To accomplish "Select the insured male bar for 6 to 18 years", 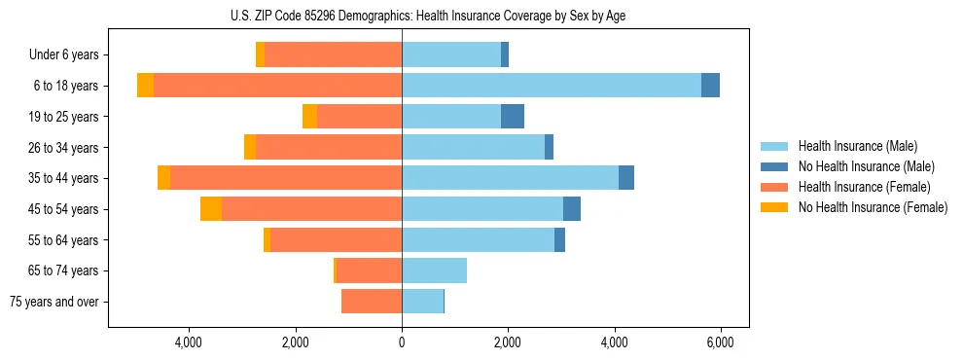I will point(551,86).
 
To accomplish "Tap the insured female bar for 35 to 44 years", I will point(286,178).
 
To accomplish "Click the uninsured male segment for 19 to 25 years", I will point(513,117).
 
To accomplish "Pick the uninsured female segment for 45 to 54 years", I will point(211,209).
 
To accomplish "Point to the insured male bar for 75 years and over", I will point(422,302).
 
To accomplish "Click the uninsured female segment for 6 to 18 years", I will point(145,86).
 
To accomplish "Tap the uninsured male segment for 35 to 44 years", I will point(626,178).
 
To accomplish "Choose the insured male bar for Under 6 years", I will point(451,55).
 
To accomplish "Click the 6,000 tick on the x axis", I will point(720,342).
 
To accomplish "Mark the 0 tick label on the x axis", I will point(402,342).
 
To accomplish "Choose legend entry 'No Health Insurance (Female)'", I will point(873,207).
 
